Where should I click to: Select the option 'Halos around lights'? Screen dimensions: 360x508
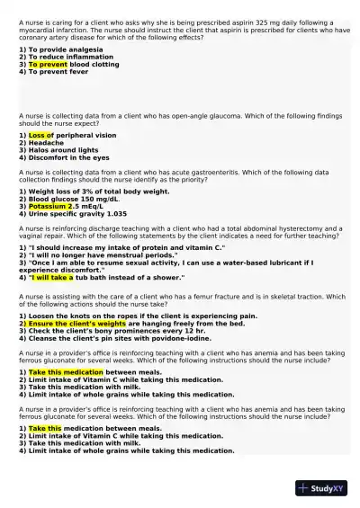(x=58, y=150)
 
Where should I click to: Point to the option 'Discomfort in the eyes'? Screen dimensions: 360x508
(x=64, y=157)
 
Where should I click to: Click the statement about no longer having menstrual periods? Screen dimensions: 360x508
(x=98, y=254)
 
